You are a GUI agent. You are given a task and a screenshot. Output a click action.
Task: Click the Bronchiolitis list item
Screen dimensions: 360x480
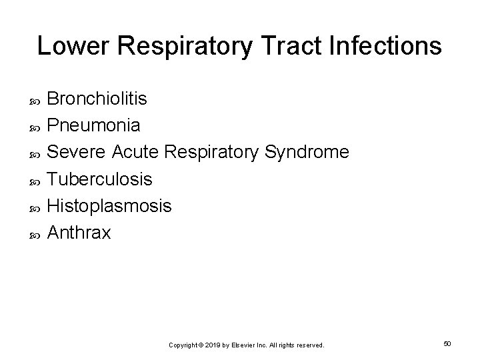click(x=98, y=99)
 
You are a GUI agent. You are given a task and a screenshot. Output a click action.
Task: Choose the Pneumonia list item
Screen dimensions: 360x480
click(x=94, y=126)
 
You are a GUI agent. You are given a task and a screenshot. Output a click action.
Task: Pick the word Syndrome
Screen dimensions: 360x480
click(x=307, y=153)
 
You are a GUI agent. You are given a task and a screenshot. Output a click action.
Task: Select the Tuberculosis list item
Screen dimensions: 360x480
click(x=100, y=179)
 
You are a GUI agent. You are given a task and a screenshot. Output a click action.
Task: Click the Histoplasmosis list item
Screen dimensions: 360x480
click(x=109, y=207)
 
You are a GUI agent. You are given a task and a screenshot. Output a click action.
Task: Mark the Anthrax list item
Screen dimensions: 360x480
click(x=79, y=233)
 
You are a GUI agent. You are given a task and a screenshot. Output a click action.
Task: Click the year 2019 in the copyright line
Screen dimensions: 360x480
click(x=213, y=345)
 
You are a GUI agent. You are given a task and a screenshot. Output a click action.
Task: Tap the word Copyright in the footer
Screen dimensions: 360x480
click(x=184, y=345)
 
